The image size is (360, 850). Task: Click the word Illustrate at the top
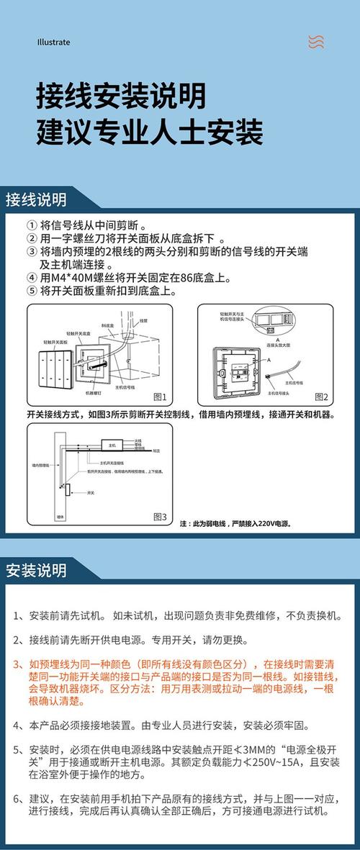pyautogui.click(x=53, y=42)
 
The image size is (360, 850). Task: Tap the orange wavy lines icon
pyautogui.click(x=315, y=42)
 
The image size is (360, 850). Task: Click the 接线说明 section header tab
pyautogui.click(x=36, y=199)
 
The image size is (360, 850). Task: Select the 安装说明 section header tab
pyautogui.click(x=36, y=571)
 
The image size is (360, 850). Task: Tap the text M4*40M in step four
pyautogui.click(x=71, y=278)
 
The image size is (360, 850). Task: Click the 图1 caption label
pyautogui.click(x=160, y=397)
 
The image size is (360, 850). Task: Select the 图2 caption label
pyautogui.click(x=320, y=397)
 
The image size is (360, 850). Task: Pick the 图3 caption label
pyautogui.click(x=160, y=517)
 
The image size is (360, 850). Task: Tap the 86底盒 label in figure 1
pyautogui.click(x=109, y=326)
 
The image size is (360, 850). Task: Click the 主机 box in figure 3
pyautogui.click(x=112, y=445)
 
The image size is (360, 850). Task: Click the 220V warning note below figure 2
pyautogui.click(x=235, y=524)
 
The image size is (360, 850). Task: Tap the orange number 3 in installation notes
pyautogui.click(x=17, y=664)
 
